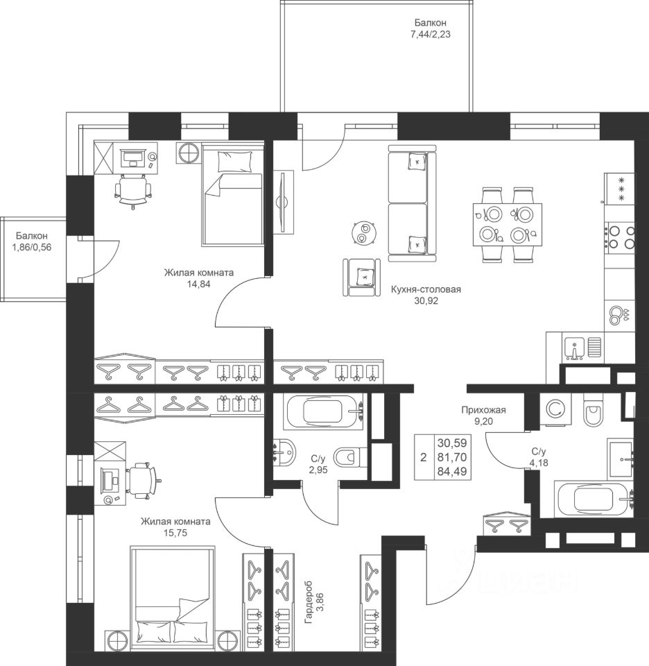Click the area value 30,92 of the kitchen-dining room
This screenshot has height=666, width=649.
426,301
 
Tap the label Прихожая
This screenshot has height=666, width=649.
483,410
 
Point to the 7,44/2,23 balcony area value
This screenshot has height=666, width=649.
430,35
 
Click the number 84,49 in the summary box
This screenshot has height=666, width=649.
452,471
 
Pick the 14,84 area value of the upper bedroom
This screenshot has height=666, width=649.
198,284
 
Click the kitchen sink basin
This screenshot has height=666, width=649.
574,348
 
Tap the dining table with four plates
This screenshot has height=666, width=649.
508,224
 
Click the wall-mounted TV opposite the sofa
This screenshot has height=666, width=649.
282,201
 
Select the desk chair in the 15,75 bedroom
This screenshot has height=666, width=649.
141,479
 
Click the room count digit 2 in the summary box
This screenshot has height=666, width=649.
423,457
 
